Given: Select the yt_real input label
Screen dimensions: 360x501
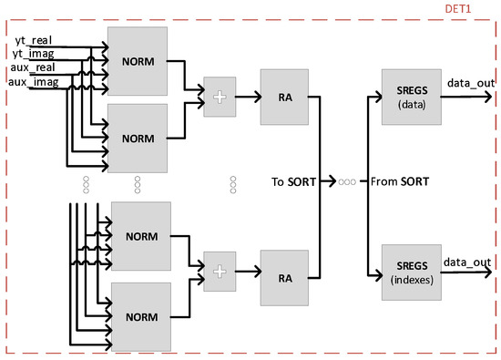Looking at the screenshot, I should pyautogui.click(x=32, y=41).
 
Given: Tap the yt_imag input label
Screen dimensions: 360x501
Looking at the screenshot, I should pyautogui.click(x=33, y=54).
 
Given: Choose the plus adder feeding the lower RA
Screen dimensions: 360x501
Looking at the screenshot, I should pyautogui.click(x=218, y=271).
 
